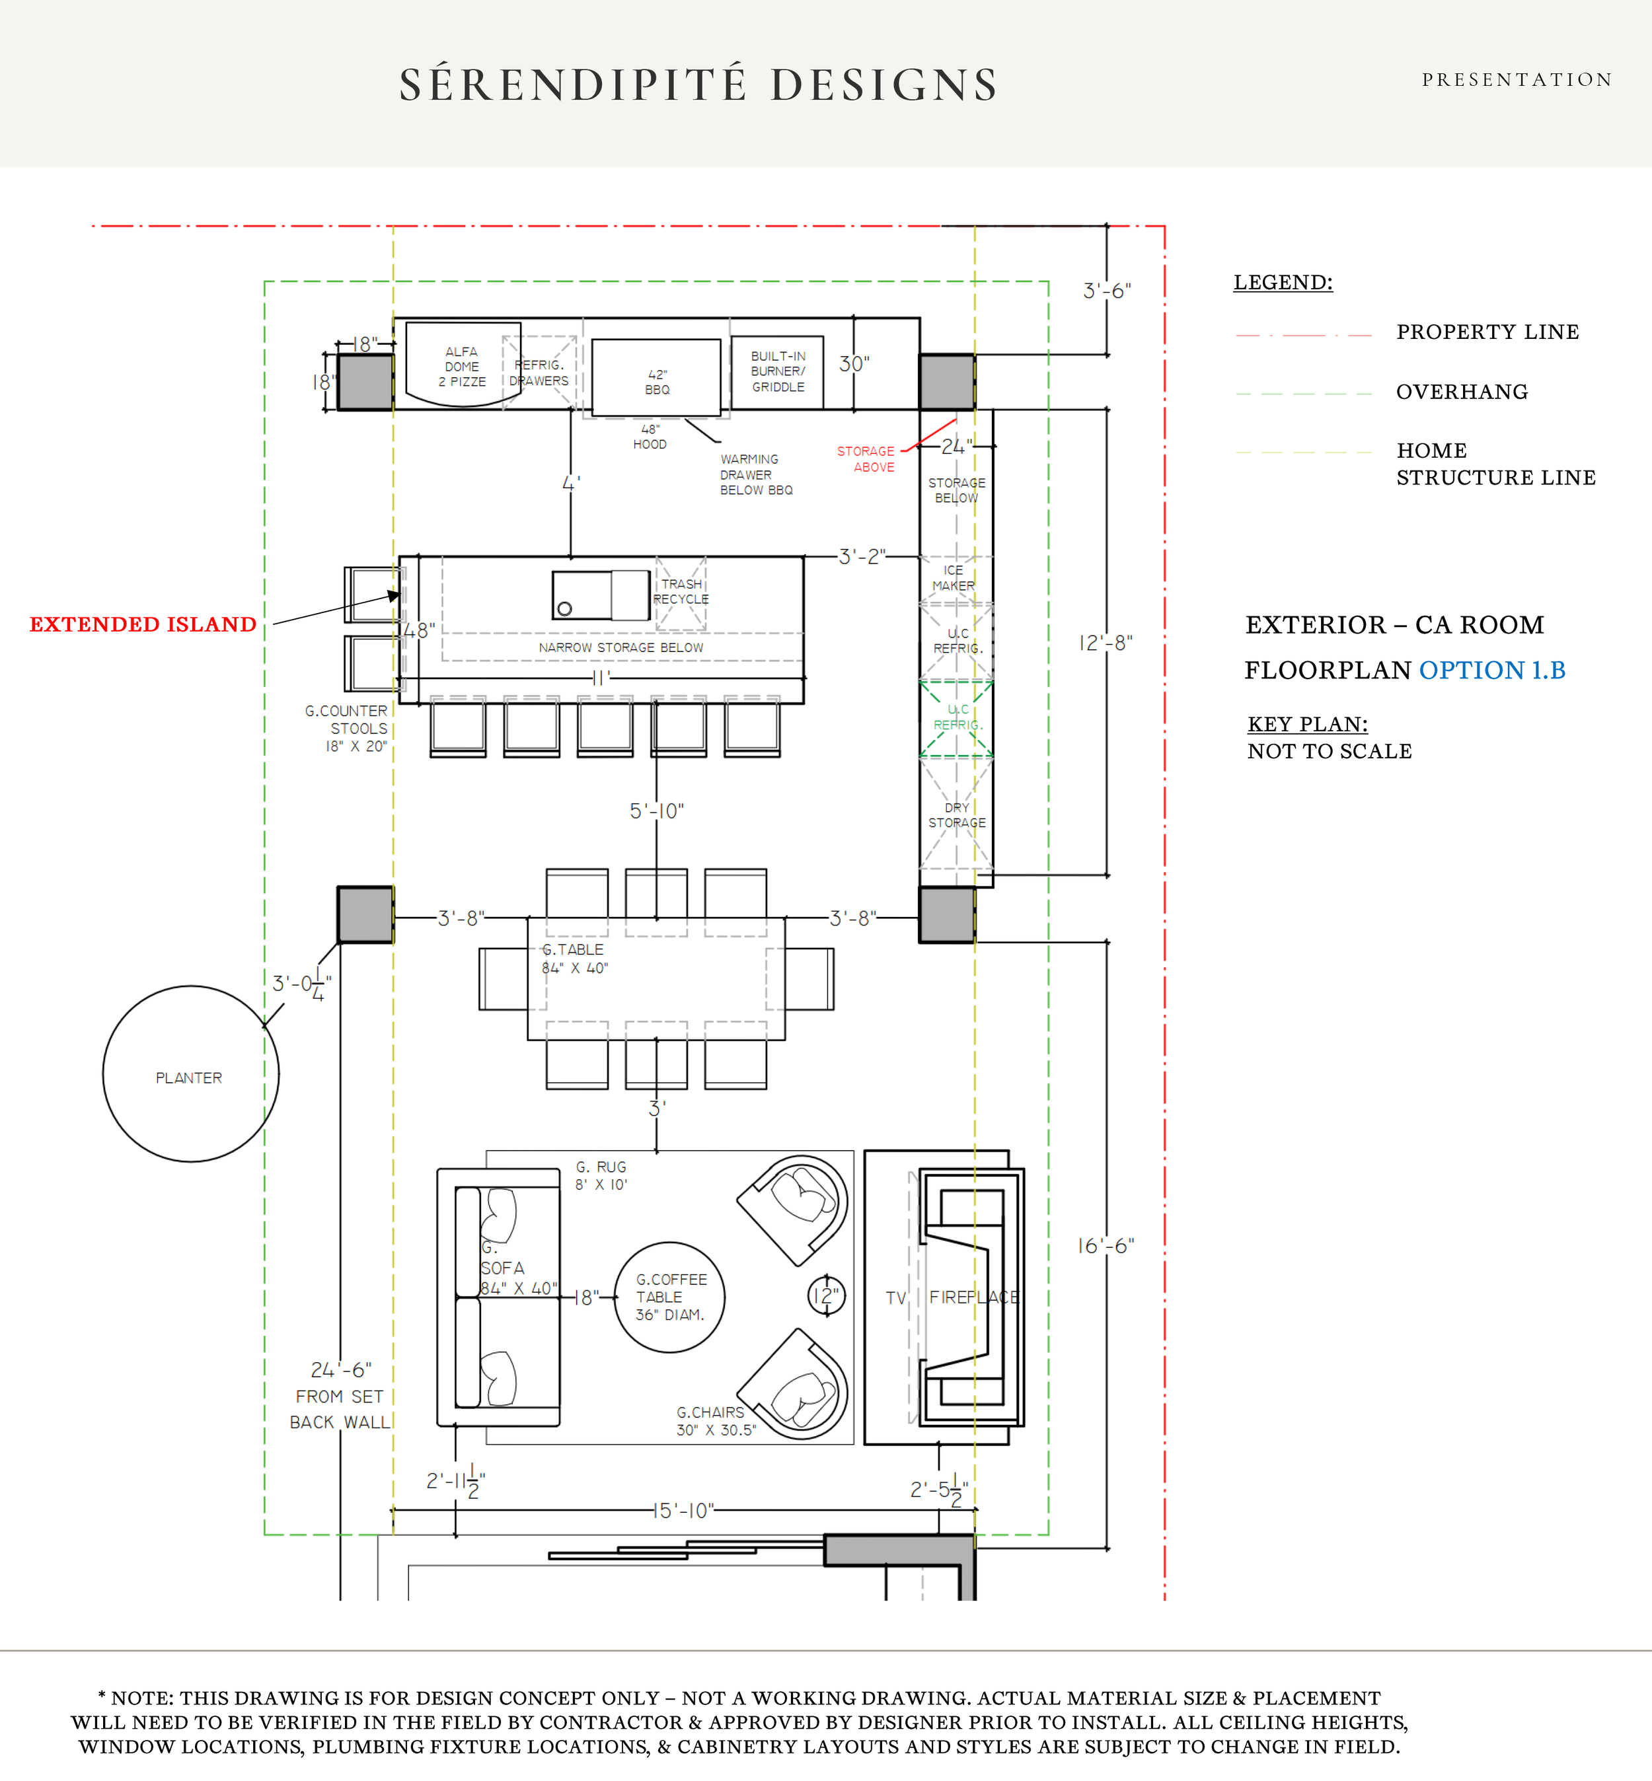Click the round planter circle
coord(190,1073)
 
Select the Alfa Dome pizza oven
coord(462,365)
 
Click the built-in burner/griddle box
coord(777,372)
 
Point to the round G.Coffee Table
coord(669,1297)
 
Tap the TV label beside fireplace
coord(896,1297)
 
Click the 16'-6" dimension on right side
coord(1105,1246)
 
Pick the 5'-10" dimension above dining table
coord(656,811)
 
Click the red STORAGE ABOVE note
coord(866,458)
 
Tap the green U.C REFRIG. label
coord(957,717)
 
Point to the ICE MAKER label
coord(954,577)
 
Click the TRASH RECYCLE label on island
coord(681,591)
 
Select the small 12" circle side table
coord(825,1295)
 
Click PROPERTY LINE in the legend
coord(1487,332)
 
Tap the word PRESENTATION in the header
coord(1517,79)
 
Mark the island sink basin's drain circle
coord(564,608)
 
